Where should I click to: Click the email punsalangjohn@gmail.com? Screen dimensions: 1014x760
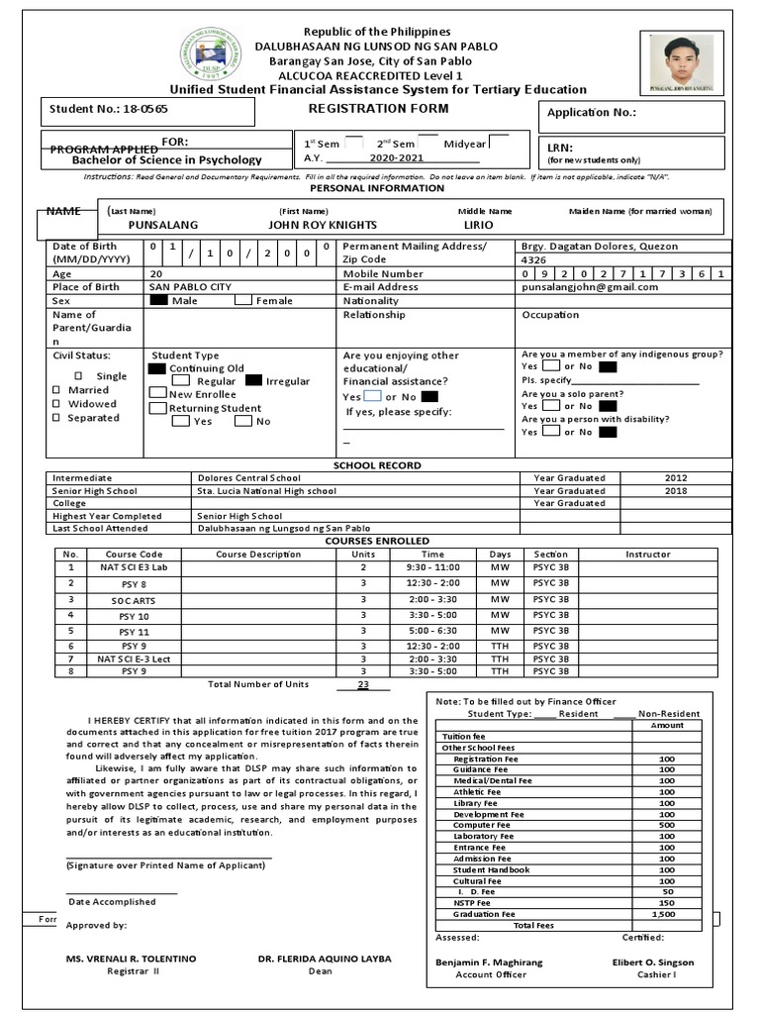click(x=590, y=287)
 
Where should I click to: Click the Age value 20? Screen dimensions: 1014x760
click(x=156, y=273)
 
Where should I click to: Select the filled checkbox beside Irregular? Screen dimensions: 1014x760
click(x=253, y=380)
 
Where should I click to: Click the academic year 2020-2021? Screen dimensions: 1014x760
click(x=396, y=157)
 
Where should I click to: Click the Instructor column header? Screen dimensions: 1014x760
click(x=647, y=555)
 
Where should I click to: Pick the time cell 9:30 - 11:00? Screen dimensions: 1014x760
click(x=432, y=568)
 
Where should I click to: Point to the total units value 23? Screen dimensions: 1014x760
click(x=363, y=684)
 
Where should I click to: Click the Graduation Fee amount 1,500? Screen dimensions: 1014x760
click(x=666, y=914)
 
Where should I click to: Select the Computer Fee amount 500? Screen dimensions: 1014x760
click(x=666, y=824)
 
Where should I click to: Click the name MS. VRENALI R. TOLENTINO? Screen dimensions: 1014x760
click(x=132, y=959)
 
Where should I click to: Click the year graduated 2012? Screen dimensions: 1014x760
click(x=677, y=477)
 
